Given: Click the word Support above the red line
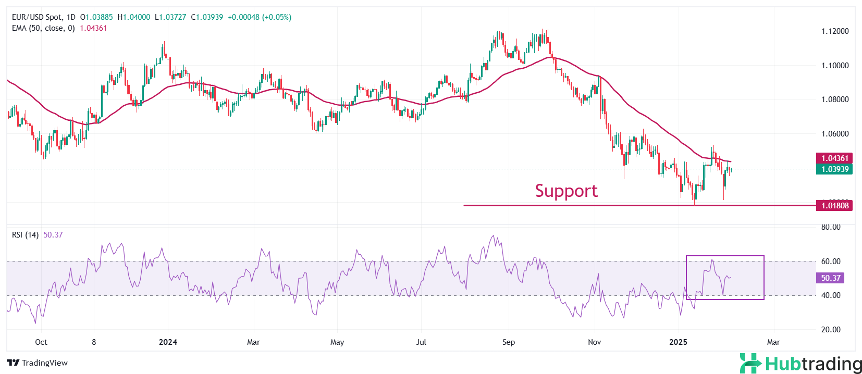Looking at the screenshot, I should click(x=566, y=191).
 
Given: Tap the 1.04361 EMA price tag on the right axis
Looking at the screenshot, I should click(x=834, y=158).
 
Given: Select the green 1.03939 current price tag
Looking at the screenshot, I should click(x=834, y=169).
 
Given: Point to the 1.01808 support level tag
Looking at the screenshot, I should click(x=834, y=206).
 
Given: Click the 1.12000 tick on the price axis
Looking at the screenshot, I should click(x=835, y=31).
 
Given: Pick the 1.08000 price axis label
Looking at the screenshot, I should click(x=835, y=99).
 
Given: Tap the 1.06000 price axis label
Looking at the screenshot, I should click(x=835, y=134).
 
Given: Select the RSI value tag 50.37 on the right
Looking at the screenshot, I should click(x=830, y=278).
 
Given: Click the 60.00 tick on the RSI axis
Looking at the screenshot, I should click(x=831, y=261).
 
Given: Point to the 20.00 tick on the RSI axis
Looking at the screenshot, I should click(x=831, y=330).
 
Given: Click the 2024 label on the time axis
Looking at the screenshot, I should click(x=168, y=342).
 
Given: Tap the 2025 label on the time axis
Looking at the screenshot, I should click(x=678, y=342).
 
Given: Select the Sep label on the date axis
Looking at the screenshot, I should click(x=509, y=342).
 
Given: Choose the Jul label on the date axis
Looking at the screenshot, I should click(x=421, y=342).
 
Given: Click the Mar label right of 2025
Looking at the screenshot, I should click(x=773, y=342).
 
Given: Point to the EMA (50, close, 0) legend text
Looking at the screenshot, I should click(x=43, y=28).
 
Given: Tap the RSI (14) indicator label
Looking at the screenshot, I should click(x=25, y=235).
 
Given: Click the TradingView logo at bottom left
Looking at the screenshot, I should click(x=38, y=363).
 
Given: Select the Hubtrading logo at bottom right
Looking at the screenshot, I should click(x=801, y=364).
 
